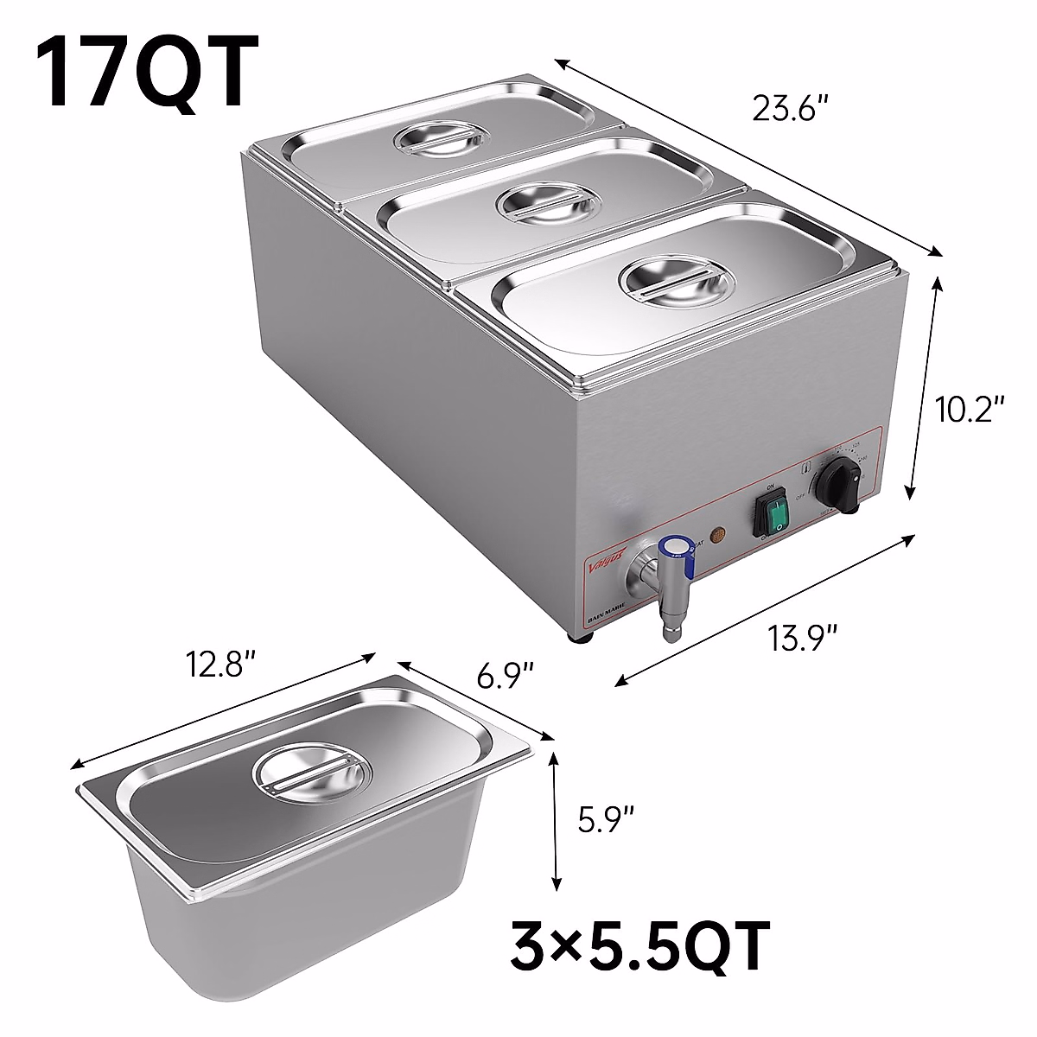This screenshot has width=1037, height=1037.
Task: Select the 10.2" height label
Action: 970,409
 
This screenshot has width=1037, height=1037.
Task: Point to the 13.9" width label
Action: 805,640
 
